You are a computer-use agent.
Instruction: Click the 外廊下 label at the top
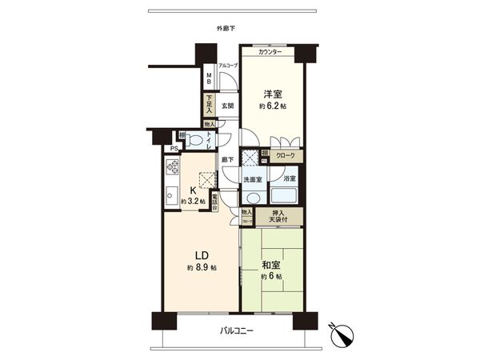coord(227,30)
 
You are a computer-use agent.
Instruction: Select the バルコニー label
coord(236,332)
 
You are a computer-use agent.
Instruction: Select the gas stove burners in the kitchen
coord(173,168)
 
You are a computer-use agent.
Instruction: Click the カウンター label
coord(270,52)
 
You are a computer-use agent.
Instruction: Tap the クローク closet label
coord(286,155)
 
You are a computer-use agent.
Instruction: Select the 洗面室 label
coord(254,178)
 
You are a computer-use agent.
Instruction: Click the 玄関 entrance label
coord(226,106)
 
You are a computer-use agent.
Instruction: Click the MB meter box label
coord(209,79)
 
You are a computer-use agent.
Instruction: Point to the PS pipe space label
coord(172,149)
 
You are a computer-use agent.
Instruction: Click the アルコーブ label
coord(228,66)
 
